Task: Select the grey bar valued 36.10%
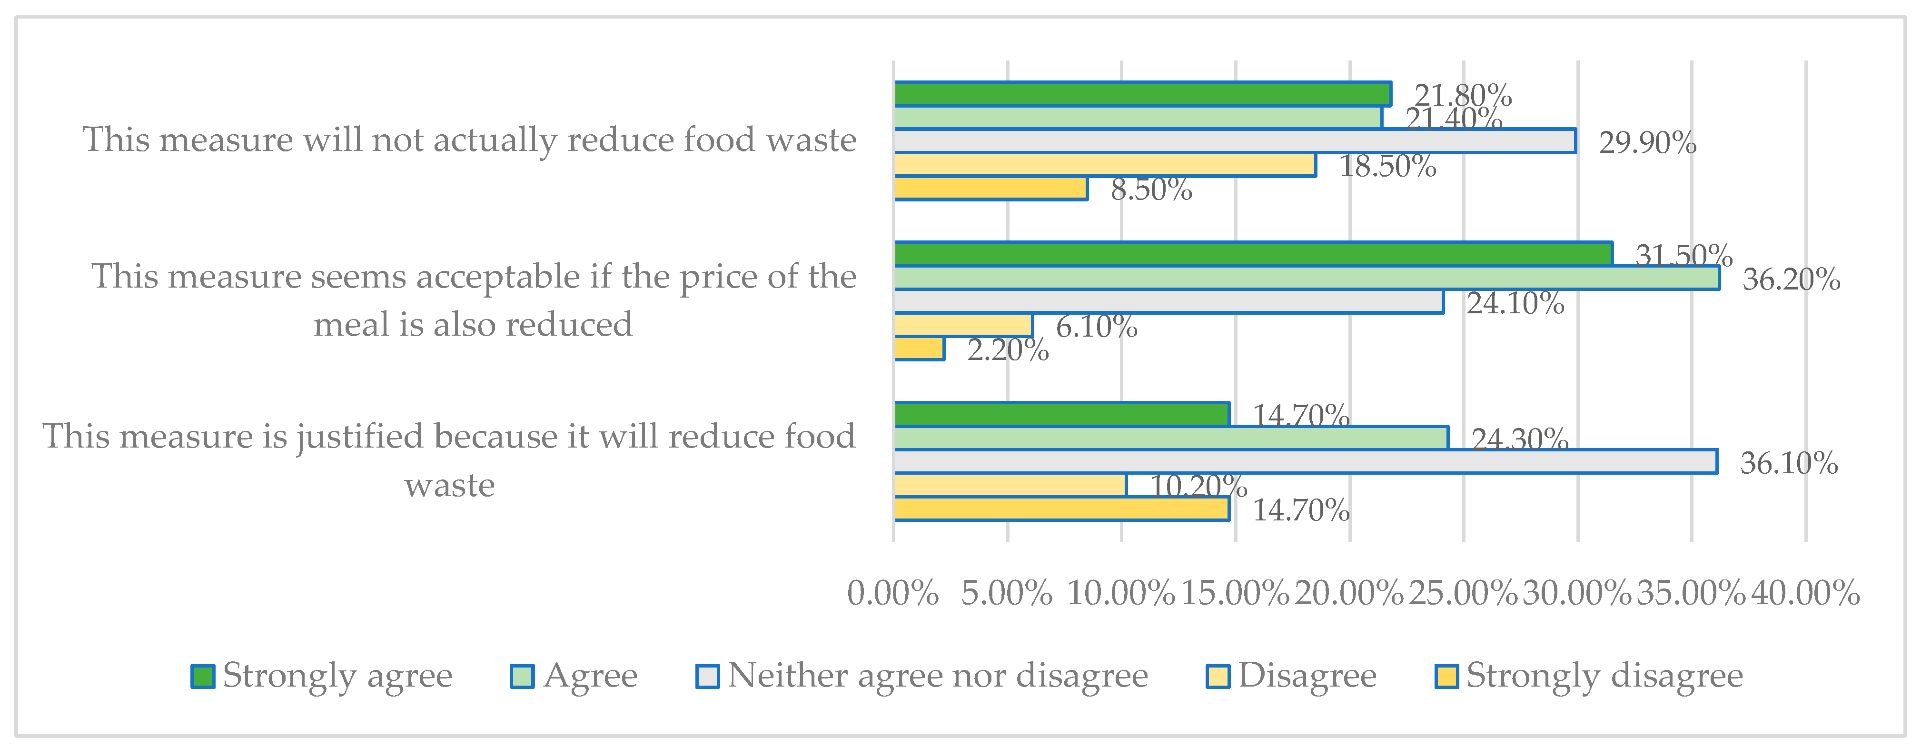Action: tap(1305, 462)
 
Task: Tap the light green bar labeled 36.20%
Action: tap(1307, 278)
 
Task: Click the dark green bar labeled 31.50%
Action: tap(1253, 254)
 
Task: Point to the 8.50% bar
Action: tap(990, 189)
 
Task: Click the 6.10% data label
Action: tap(1096, 327)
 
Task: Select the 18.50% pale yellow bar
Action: tap(1104, 165)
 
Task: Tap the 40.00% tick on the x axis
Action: tap(1805, 594)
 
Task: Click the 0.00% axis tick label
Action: tap(892, 594)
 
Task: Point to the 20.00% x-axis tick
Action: tap(1348, 594)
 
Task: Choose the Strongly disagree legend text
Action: tap(1604, 676)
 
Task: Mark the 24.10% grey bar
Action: tap(1168, 301)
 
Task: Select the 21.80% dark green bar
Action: tap(1142, 94)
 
